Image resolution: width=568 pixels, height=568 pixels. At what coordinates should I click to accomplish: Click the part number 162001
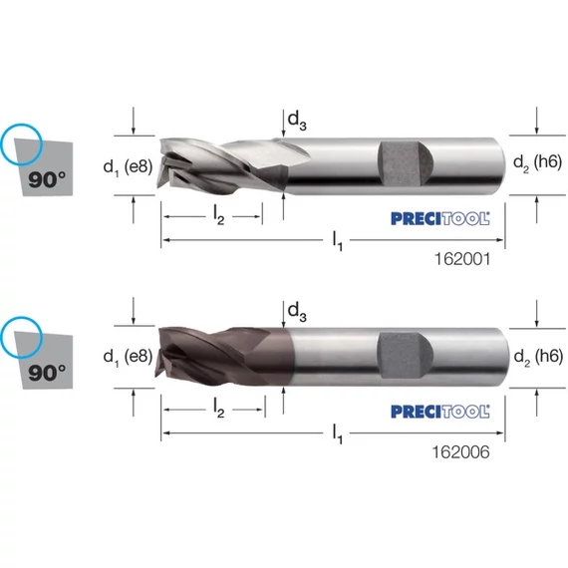(x=462, y=259)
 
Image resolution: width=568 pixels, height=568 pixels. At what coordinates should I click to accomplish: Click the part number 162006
(x=460, y=451)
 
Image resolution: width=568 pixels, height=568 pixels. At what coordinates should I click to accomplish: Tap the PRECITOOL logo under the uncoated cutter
(x=440, y=219)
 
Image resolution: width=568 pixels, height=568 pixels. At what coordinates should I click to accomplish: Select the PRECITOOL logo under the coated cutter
(x=440, y=412)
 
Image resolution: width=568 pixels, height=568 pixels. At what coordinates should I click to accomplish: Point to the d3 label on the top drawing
(x=297, y=121)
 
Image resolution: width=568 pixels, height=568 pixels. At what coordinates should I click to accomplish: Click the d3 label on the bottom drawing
(x=297, y=312)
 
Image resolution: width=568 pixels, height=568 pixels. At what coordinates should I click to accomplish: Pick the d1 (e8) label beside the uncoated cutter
(x=128, y=167)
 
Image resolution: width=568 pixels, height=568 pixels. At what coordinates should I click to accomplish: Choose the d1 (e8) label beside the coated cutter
(x=128, y=357)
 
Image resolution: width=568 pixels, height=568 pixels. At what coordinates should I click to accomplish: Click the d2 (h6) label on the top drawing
(x=537, y=162)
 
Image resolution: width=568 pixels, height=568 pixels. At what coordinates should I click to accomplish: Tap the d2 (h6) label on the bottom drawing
(x=538, y=357)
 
